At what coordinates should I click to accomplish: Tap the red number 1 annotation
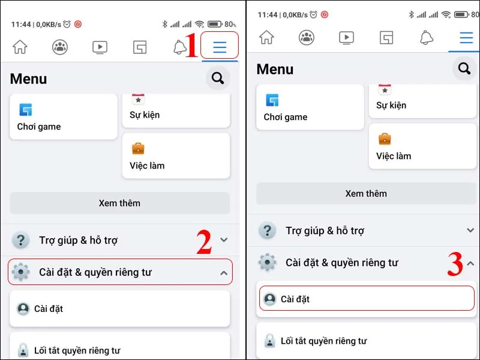192,47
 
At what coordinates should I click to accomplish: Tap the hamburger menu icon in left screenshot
220,47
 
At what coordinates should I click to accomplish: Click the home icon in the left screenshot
20,47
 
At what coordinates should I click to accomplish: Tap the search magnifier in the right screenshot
464,69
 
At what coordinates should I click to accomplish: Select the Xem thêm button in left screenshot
119,203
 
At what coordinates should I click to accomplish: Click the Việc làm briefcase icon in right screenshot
385,139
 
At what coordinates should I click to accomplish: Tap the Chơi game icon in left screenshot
25,110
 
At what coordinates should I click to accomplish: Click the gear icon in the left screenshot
21,272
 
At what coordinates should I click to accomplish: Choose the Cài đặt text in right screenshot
295,299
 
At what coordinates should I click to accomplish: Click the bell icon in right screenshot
427,38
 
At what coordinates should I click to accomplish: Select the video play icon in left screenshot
100,47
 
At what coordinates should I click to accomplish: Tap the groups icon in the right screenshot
307,38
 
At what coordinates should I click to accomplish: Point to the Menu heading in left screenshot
28,79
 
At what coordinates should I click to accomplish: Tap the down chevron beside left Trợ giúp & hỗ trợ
224,240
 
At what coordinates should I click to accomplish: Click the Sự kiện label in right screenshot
391,105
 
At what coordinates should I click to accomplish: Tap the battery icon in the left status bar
215,25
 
